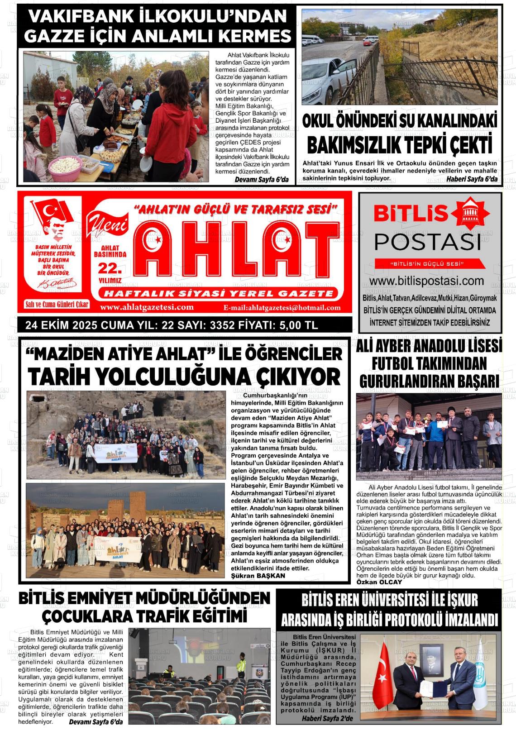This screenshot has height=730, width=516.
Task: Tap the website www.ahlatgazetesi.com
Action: click(x=147, y=307)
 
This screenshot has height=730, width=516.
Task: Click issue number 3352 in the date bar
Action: click(x=225, y=325)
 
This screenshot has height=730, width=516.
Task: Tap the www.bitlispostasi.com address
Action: click(x=430, y=281)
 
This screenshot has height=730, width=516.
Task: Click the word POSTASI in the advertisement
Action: click(x=427, y=243)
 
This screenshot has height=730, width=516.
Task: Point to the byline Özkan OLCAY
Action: click(x=373, y=582)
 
